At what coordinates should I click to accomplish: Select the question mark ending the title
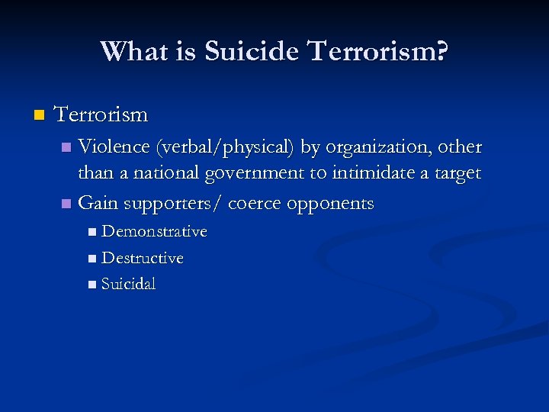(x=441, y=52)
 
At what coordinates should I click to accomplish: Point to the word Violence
(x=114, y=146)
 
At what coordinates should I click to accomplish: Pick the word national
(x=162, y=174)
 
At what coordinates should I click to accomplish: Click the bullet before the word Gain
(x=66, y=204)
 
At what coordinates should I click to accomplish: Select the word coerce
(x=254, y=204)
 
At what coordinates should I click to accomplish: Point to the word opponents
(x=330, y=204)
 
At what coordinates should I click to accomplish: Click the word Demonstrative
(x=155, y=231)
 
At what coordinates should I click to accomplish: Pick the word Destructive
(x=143, y=258)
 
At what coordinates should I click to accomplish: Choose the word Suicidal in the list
(x=129, y=285)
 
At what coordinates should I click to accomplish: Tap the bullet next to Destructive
(x=92, y=259)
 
